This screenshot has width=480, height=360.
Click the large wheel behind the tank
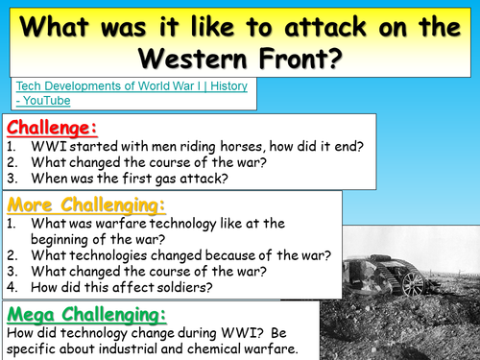click(414, 281)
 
